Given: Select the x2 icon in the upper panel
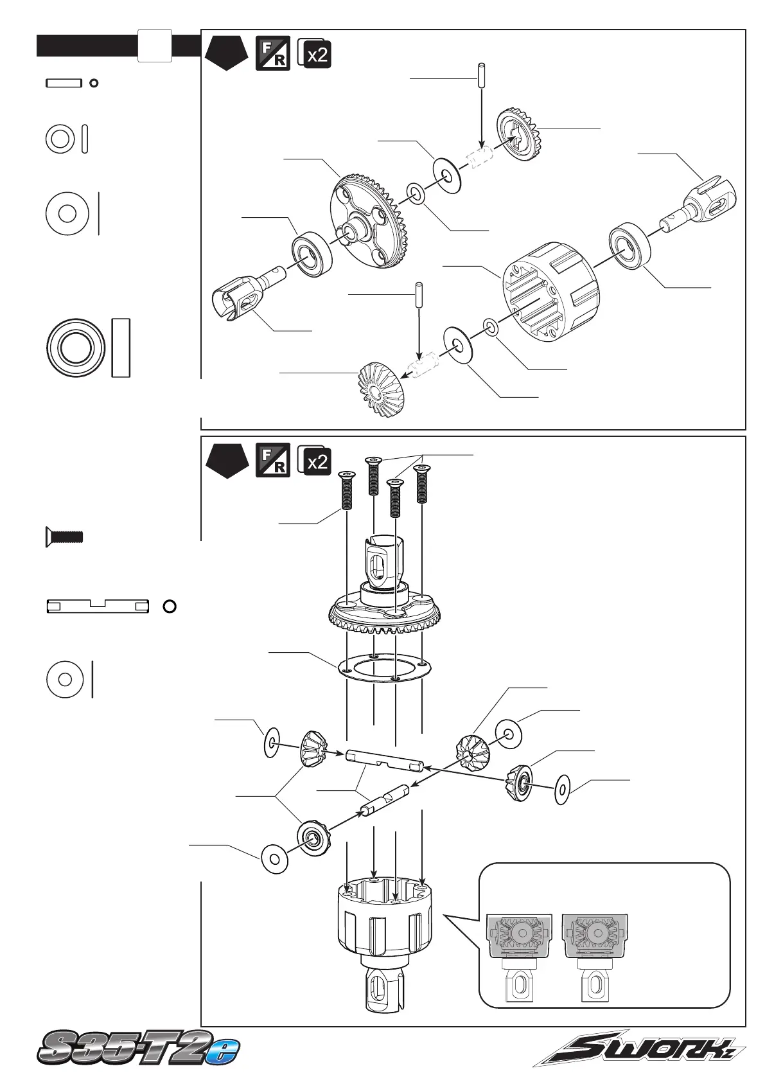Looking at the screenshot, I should [315, 54].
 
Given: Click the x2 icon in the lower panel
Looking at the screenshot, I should [315, 460].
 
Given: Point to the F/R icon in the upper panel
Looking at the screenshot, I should [272, 54].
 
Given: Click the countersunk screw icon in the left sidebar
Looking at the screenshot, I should [64, 536].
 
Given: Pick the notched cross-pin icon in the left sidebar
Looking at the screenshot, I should [98, 606].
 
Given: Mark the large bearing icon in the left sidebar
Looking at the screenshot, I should [76, 348].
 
